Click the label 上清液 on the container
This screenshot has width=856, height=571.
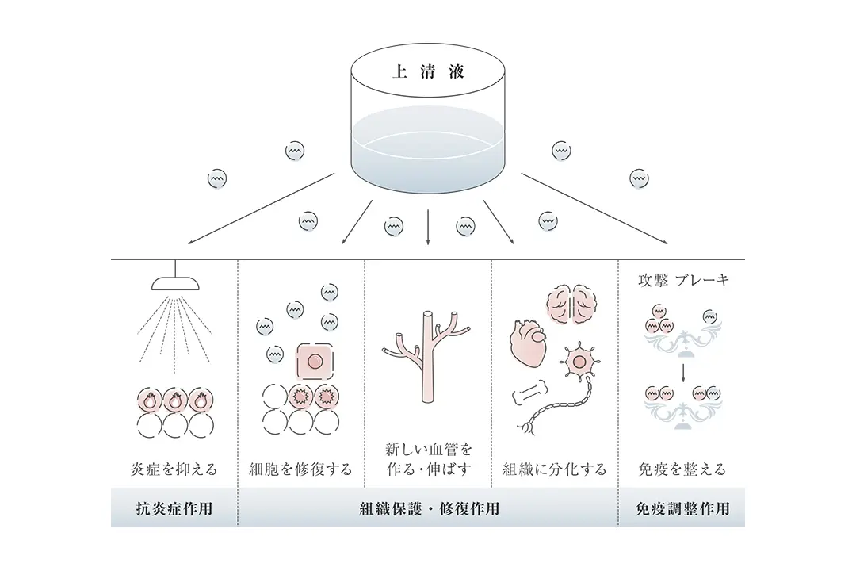click(428, 71)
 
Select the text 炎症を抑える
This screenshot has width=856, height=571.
click(174, 469)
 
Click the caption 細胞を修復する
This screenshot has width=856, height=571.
click(300, 469)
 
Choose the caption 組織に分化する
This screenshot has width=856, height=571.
click(555, 469)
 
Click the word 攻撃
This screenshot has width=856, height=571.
click(653, 280)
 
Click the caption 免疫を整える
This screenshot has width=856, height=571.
click(682, 469)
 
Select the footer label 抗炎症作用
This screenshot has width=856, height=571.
click(174, 508)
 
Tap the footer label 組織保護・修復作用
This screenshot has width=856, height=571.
click(429, 508)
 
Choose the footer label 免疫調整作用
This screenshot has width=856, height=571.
click(682, 508)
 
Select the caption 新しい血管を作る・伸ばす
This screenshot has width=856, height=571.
click(428, 459)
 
